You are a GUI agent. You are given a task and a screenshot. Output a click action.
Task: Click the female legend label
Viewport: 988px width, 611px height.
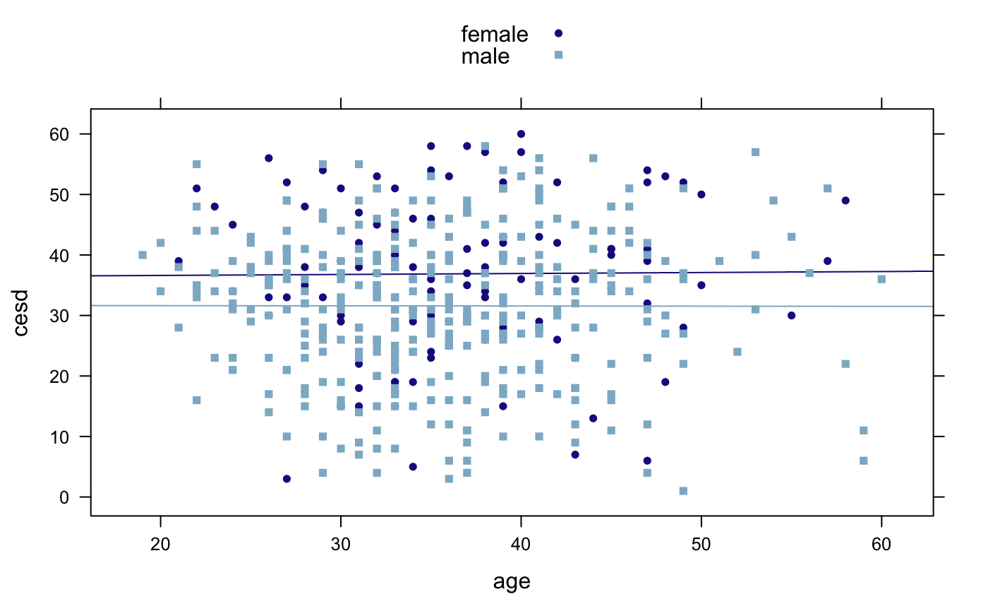pos(494,33)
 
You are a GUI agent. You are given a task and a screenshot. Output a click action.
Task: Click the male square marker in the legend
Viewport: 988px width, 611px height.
pos(558,55)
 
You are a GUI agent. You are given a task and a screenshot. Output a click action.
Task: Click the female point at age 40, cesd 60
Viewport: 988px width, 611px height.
pos(521,134)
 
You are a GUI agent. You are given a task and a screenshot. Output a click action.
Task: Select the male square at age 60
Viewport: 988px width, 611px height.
pos(881,279)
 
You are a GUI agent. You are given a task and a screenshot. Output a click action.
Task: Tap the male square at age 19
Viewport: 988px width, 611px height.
pos(143,255)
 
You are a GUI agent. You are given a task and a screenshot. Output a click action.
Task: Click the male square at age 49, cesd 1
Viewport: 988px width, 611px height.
pos(683,491)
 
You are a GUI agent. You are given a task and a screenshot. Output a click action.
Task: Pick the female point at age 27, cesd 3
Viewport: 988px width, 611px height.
pos(287,479)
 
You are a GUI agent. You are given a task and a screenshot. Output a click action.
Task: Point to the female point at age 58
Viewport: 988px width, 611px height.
pos(845,201)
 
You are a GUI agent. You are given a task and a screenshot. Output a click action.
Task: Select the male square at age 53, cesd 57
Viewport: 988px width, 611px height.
pos(755,152)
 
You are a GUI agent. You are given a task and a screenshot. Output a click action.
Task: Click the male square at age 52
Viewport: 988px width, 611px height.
pos(737,352)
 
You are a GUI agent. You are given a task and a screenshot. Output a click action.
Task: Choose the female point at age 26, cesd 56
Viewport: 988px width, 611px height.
pos(269,158)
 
